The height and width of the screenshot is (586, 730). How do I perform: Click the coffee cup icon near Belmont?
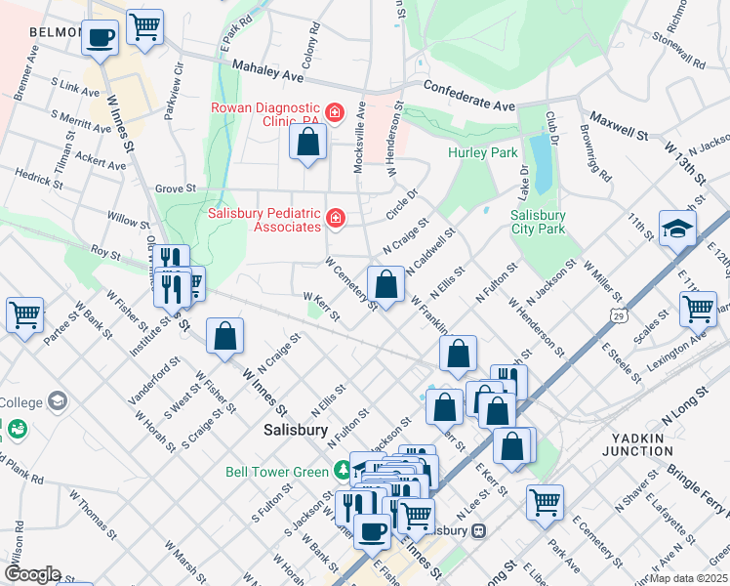pyautogui.click(x=101, y=38)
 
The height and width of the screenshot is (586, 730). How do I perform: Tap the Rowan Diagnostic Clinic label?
pyautogui.click(x=264, y=114)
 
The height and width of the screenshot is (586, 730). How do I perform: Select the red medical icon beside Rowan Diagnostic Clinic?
pyautogui.click(x=335, y=113)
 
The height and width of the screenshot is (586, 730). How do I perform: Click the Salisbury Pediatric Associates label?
pyautogui.click(x=264, y=220)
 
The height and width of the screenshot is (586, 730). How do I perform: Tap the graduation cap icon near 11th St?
pyautogui.click(x=676, y=229)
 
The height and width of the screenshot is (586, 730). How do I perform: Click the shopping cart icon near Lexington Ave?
pyautogui.click(x=698, y=309)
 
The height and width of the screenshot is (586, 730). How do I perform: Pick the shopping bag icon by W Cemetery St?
pyautogui.click(x=386, y=285)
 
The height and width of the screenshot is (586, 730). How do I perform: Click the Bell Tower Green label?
pyautogui.click(x=277, y=472)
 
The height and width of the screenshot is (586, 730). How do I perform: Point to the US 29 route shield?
pyautogui.click(x=617, y=314)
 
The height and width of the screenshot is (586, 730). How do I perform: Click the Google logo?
pyautogui.click(x=31, y=574)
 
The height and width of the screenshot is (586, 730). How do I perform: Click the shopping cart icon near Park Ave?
pyautogui.click(x=545, y=502)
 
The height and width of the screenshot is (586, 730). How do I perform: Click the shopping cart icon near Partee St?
pyautogui.click(x=24, y=314)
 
